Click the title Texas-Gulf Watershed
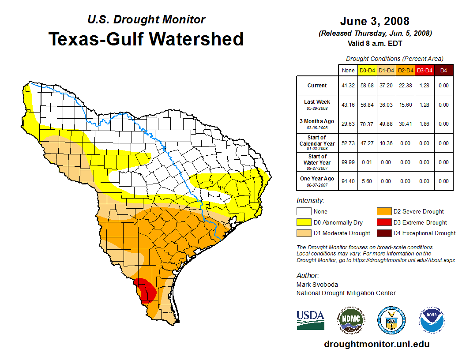click(146, 39)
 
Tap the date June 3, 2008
click(375, 21)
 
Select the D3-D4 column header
click(424, 70)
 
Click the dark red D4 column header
click(443, 70)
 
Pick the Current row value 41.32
click(348, 86)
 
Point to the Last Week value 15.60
click(405, 105)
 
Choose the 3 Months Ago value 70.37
click(367, 124)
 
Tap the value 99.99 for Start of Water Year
click(348, 162)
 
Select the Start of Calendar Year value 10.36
click(386, 143)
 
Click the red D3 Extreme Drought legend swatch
click(383, 222)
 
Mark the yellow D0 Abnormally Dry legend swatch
click(304, 222)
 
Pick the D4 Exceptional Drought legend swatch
click(383, 233)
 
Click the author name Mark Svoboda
click(317, 285)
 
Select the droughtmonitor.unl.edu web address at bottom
click(376, 344)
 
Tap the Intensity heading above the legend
click(310, 201)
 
